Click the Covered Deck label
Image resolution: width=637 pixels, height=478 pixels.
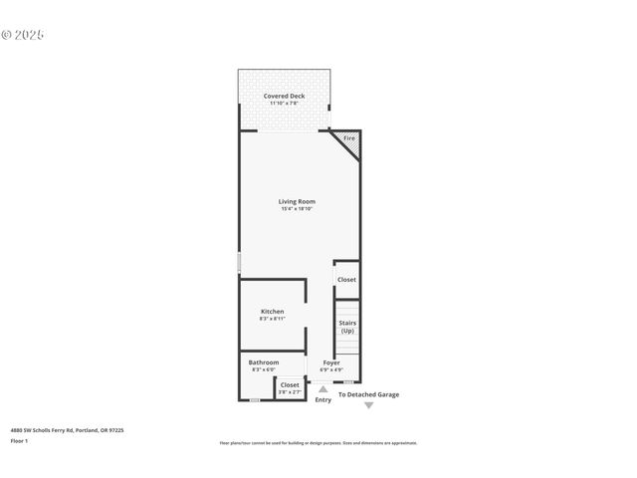284,96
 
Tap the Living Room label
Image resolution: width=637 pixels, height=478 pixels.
297,201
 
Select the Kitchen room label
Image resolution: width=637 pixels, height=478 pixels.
272,312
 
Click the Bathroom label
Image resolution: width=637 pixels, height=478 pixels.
263,362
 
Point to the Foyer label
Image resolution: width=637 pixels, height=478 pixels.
331,363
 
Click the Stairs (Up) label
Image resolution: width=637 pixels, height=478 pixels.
346,327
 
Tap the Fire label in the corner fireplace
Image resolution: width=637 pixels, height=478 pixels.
348,138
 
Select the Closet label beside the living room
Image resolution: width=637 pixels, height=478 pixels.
346,280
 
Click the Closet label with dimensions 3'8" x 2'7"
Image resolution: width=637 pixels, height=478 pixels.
290,385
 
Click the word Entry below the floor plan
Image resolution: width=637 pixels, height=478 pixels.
322,400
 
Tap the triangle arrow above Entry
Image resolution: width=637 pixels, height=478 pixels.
322,389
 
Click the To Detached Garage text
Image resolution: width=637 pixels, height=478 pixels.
368,394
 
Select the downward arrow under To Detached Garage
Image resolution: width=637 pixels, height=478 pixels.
368,406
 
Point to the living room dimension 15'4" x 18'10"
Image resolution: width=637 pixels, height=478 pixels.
297,209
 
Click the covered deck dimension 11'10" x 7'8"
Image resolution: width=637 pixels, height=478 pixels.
284,104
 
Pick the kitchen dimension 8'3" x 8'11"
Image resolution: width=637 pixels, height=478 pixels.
272,319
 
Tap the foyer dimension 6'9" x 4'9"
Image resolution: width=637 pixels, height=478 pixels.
331,370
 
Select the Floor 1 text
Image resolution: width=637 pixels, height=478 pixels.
19,440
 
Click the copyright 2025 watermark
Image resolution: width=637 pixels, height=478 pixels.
23,35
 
